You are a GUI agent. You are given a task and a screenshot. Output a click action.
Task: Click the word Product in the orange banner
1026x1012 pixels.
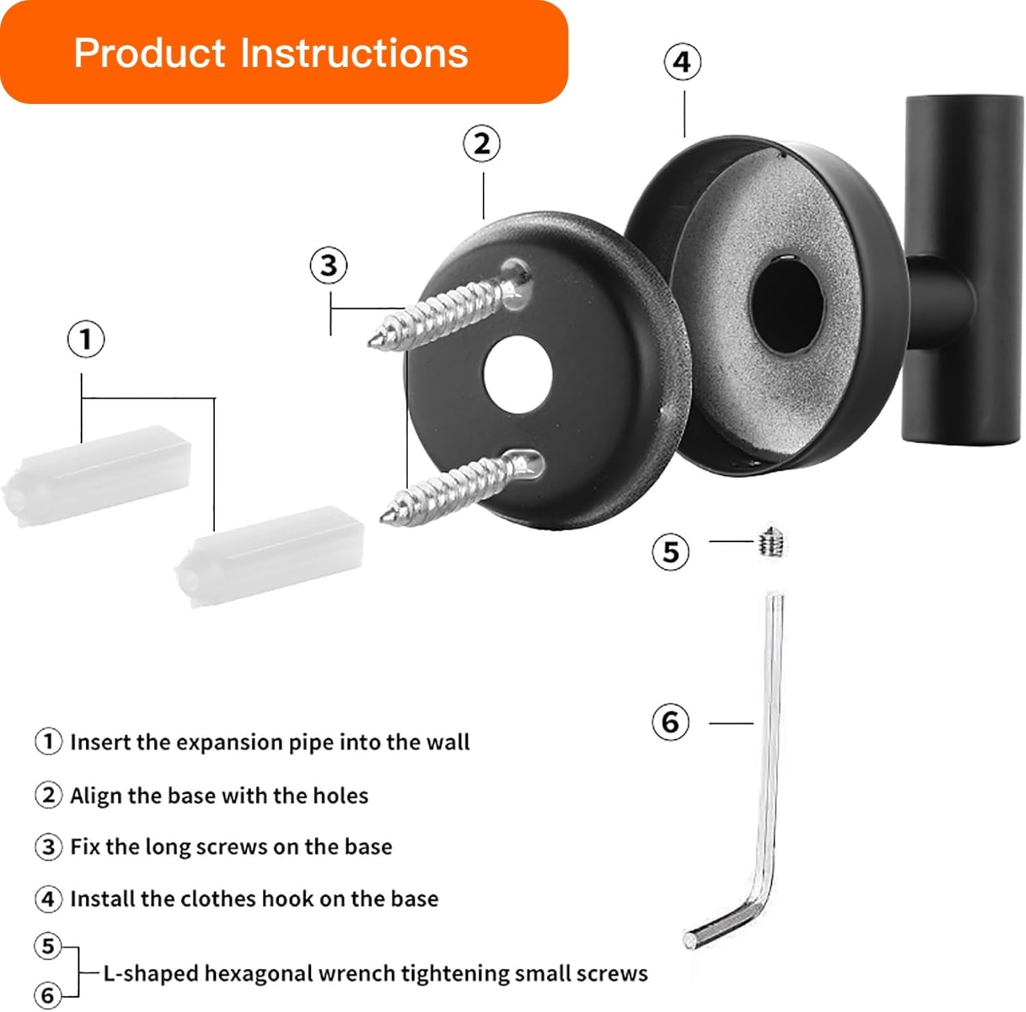(x=150, y=53)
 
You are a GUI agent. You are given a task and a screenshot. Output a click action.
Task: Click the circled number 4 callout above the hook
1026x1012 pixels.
(x=682, y=62)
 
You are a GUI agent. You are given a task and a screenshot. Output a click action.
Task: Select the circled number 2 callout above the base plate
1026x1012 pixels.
(x=482, y=144)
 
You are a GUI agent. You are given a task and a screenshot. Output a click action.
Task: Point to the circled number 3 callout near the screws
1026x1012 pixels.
(x=328, y=265)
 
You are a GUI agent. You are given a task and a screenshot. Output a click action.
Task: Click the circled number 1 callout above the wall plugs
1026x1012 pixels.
(x=85, y=339)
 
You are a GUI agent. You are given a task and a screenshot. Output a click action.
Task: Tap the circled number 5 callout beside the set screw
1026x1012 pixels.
(x=670, y=552)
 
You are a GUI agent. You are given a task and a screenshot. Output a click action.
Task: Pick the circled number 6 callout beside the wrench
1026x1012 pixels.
(x=670, y=722)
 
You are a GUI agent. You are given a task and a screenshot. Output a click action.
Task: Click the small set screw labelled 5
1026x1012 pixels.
(x=772, y=543)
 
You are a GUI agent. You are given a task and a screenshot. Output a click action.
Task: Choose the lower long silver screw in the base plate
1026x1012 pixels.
(x=458, y=485)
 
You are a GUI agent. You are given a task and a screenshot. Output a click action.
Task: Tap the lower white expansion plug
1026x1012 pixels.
(x=270, y=555)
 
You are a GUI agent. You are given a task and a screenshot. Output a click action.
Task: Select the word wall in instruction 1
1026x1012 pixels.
(x=448, y=743)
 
